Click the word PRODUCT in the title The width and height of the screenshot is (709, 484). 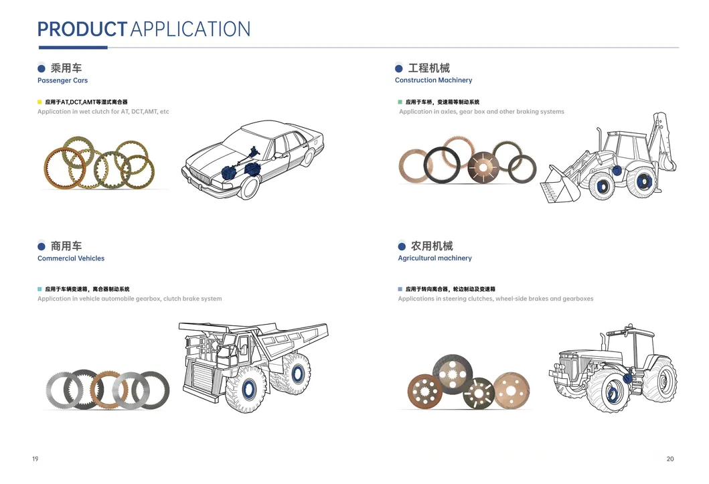(x=82, y=29)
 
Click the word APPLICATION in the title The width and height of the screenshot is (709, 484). (x=190, y=29)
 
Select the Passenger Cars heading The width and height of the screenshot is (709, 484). (x=62, y=80)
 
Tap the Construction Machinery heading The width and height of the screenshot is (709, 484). (x=433, y=80)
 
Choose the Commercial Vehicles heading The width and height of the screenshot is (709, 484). (x=71, y=258)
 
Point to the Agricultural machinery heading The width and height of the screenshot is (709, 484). (x=435, y=258)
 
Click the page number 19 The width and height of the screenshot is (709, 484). (x=35, y=459)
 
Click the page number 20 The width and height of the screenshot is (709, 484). (x=670, y=459)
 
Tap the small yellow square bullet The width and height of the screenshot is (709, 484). (x=40, y=102)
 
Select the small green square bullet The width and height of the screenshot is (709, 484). (x=400, y=102)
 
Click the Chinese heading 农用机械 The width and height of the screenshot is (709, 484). (x=431, y=246)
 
